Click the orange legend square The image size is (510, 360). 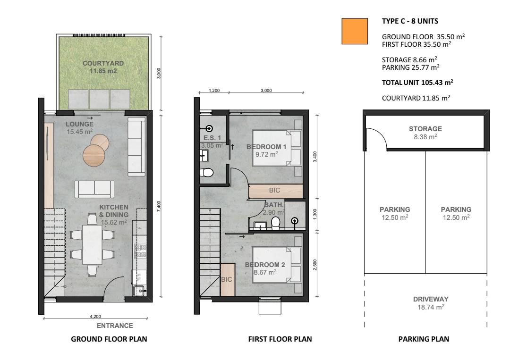pyautogui.click(x=355, y=31)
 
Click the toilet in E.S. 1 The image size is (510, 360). pyautogui.click(x=206, y=172)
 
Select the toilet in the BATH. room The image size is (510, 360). pyautogui.click(x=275, y=224)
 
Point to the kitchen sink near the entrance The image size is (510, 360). pyautogui.click(x=139, y=290)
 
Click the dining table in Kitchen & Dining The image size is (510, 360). pyautogui.click(x=93, y=244)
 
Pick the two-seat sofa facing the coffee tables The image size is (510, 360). pyautogui.click(x=94, y=189)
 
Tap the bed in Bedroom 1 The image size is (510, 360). pyautogui.click(x=276, y=148)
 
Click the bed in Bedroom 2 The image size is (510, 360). pyautogui.click(x=276, y=265)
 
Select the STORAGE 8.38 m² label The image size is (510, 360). pyautogui.click(x=425, y=133)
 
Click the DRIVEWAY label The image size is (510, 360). pyautogui.click(x=431, y=303)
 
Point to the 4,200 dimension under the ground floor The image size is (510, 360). pyautogui.click(x=95, y=316)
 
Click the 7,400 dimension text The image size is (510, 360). pyautogui.click(x=159, y=207)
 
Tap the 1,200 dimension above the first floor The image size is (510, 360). pyautogui.click(x=214, y=90)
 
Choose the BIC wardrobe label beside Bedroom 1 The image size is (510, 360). pyautogui.click(x=274, y=191)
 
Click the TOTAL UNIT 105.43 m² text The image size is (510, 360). pyautogui.click(x=417, y=83)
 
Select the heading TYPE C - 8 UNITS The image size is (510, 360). pyautogui.click(x=410, y=21)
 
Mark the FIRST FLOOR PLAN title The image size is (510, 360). pyautogui.click(x=280, y=339)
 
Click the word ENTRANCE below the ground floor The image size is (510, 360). pyautogui.click(x=115, y=326)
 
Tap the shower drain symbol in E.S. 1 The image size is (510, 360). pyautogui.click(x=210, y=129)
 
